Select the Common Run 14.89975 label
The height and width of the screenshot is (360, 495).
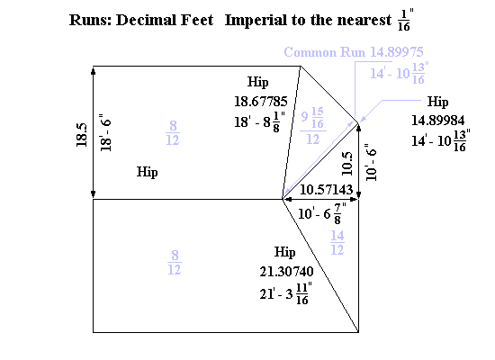coord(354,52)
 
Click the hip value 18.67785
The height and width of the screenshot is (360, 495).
coord(261,102)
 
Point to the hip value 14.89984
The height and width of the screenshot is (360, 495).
coord(438,121)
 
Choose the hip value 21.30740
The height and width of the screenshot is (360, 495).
coord(286,272)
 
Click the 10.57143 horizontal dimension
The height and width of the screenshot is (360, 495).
coord(326,190)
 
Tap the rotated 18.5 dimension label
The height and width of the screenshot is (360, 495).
coord(81,135)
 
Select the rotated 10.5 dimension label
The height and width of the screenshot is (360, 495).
coord(346,164)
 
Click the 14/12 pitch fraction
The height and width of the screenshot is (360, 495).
coord(337,242)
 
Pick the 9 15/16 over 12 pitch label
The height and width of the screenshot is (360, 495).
coord(313,126)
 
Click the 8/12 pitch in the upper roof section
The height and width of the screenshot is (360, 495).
coord(173,133)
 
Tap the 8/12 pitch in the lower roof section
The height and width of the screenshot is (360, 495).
coord(175,263)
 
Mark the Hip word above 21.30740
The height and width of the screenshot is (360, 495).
coord(285,253)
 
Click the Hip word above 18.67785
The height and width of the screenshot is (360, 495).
coord(258,83)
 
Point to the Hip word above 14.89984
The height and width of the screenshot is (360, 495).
coord(438,102)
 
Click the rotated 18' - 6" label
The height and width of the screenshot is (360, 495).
coord(106,132)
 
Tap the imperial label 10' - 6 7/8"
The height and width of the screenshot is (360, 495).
coord(322,213)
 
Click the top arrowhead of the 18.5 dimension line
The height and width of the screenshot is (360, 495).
coord(93,70)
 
